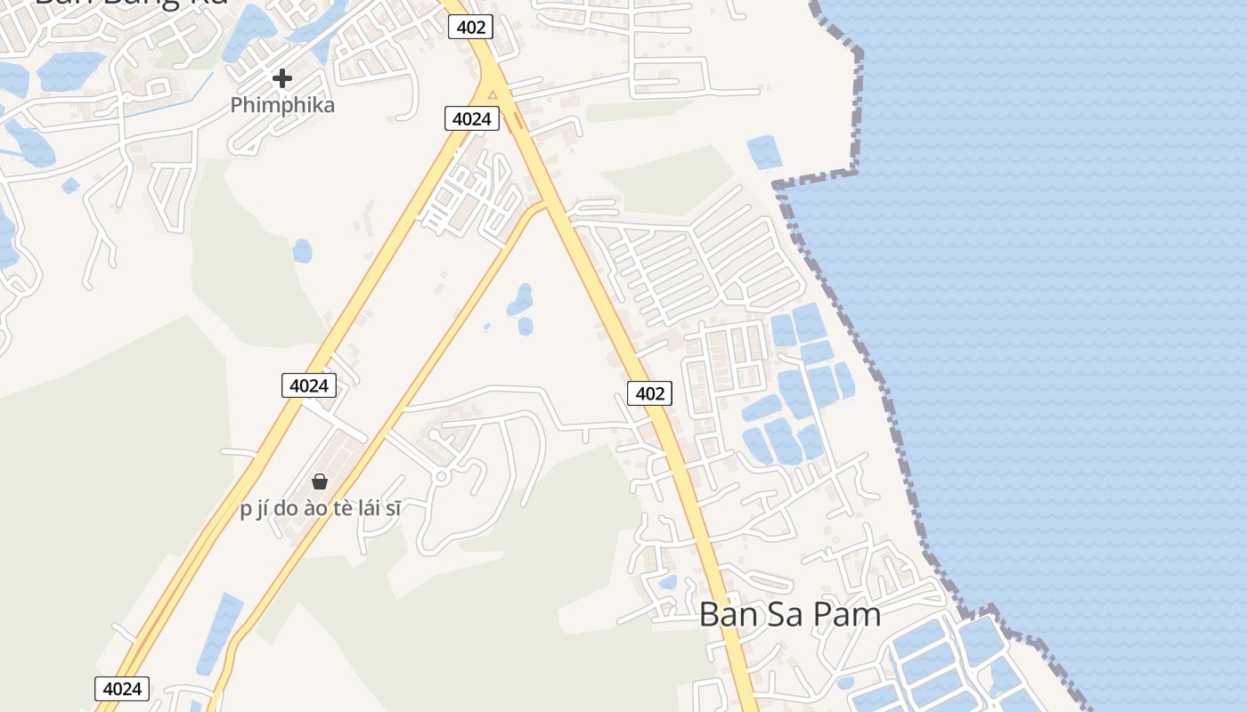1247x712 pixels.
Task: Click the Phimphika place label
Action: pyautogui.click(x=282, y=105)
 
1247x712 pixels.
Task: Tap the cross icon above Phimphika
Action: pyautogui.click(x=282, y=78)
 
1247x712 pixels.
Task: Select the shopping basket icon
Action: pyautogui.click(x=320, y=481)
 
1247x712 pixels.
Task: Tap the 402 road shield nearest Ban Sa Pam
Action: pyautogui.click(x=649, y=392)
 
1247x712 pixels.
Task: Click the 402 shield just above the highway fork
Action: pyautogui.click(x=470, y=27)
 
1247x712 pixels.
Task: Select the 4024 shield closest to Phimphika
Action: pyautogui.click(x=471, y=117)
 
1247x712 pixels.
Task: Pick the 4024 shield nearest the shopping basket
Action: pyautogui.click(x=309, y=385)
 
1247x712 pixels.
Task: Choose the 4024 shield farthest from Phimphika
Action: pyautogui.click(x=122, y=688)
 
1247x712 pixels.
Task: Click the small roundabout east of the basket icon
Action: pyautogui.click(x=440, y=476)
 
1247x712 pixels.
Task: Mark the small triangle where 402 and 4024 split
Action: pyautogui.click(x=492, y=94)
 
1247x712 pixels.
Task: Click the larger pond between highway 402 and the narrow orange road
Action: pyautogui.click(x=520, y=300)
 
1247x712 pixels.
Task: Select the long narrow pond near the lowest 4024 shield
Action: pyautogui.click(x=219, y=632)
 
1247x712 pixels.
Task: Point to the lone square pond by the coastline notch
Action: pyautogui.click(x=763, y=151)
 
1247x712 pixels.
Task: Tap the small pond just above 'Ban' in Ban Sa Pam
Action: pyautogui.click(x=666, y=583)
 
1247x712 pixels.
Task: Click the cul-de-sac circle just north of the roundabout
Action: pyautogui.click(x=434, y=435)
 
